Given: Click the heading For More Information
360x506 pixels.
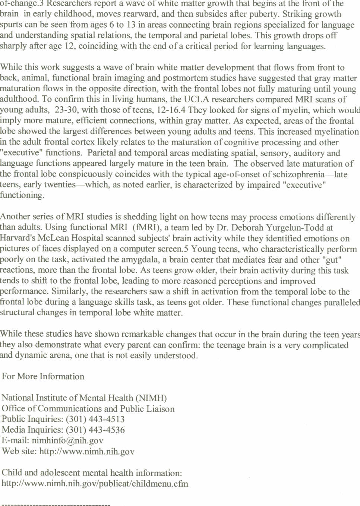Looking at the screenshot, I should coord(43,376).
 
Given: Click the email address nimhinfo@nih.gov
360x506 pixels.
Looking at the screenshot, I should coord(67,440).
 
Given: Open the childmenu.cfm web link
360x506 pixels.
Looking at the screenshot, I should coord(95,484).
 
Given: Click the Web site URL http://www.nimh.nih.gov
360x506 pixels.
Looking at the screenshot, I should coord(87,452).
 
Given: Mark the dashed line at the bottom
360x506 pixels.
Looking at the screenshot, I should coord(56,505).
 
